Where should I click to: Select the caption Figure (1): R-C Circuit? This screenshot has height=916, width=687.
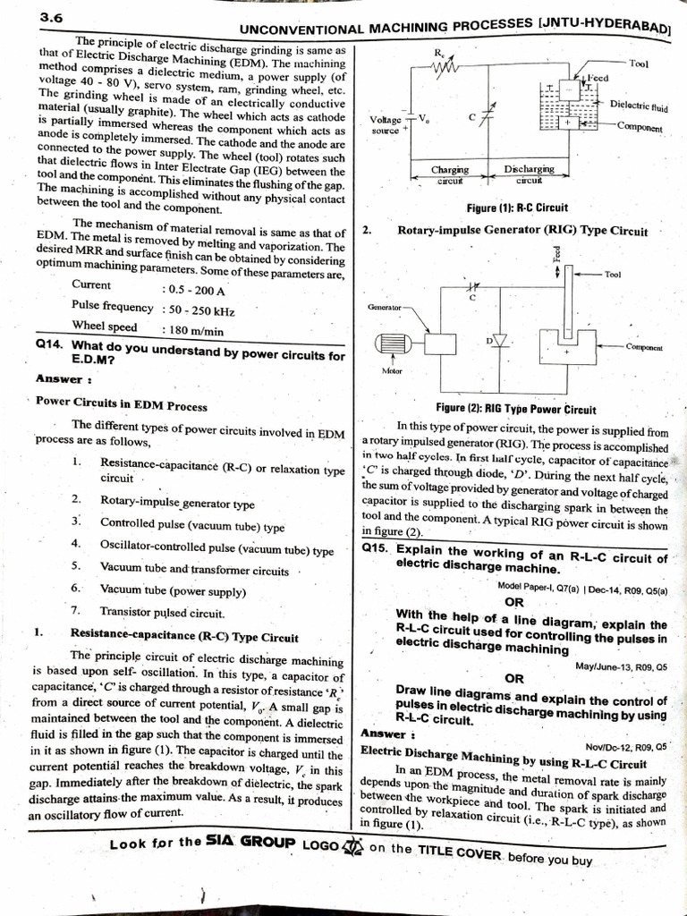(517, 208)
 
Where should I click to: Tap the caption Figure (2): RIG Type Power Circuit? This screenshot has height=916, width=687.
(516, 409)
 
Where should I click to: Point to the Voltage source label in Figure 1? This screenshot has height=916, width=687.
(386, 124)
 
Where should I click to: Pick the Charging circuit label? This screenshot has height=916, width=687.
(450, 174)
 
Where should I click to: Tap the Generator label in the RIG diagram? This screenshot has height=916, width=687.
(384, 307)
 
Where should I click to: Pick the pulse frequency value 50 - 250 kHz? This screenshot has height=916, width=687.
(199, 310)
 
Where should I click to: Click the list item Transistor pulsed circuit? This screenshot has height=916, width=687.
(161, 613)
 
